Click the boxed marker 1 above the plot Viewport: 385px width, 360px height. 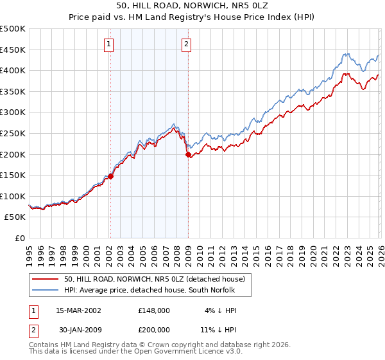coord(109,44)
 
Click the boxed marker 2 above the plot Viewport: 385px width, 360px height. coord(186,44)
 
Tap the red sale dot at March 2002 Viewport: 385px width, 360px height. coord(110,176)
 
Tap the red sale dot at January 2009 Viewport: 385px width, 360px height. coord(188,154)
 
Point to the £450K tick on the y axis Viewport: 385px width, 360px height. coord(13,50)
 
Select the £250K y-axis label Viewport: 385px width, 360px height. coord(13,133)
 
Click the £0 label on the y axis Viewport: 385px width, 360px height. coord(19,238)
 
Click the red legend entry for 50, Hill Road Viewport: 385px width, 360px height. coord(155,279)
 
